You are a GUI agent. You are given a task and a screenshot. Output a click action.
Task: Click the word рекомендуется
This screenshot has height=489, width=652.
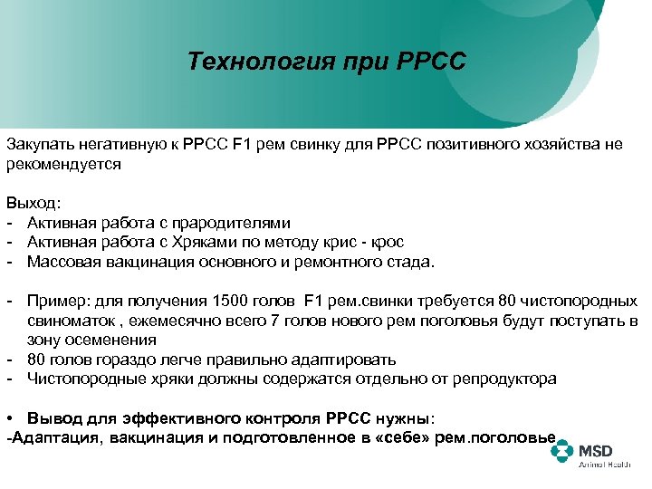click(63, 165)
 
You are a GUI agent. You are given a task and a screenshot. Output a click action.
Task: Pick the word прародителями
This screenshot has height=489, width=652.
click(238, 222)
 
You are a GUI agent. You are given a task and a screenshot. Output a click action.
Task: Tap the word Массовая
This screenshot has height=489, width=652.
click(62, 263)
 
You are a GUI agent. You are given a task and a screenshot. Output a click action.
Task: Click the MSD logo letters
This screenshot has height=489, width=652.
click(596, 449)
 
